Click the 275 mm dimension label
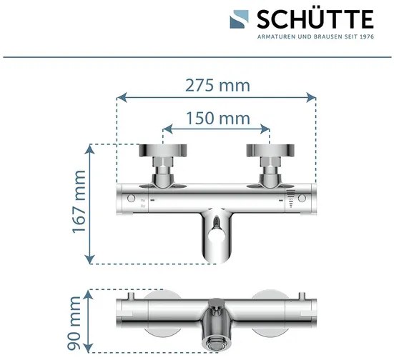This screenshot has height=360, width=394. (218, 85)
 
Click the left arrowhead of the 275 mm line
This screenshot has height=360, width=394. (120, 95)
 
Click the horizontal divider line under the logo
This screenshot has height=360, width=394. (197, 55)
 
